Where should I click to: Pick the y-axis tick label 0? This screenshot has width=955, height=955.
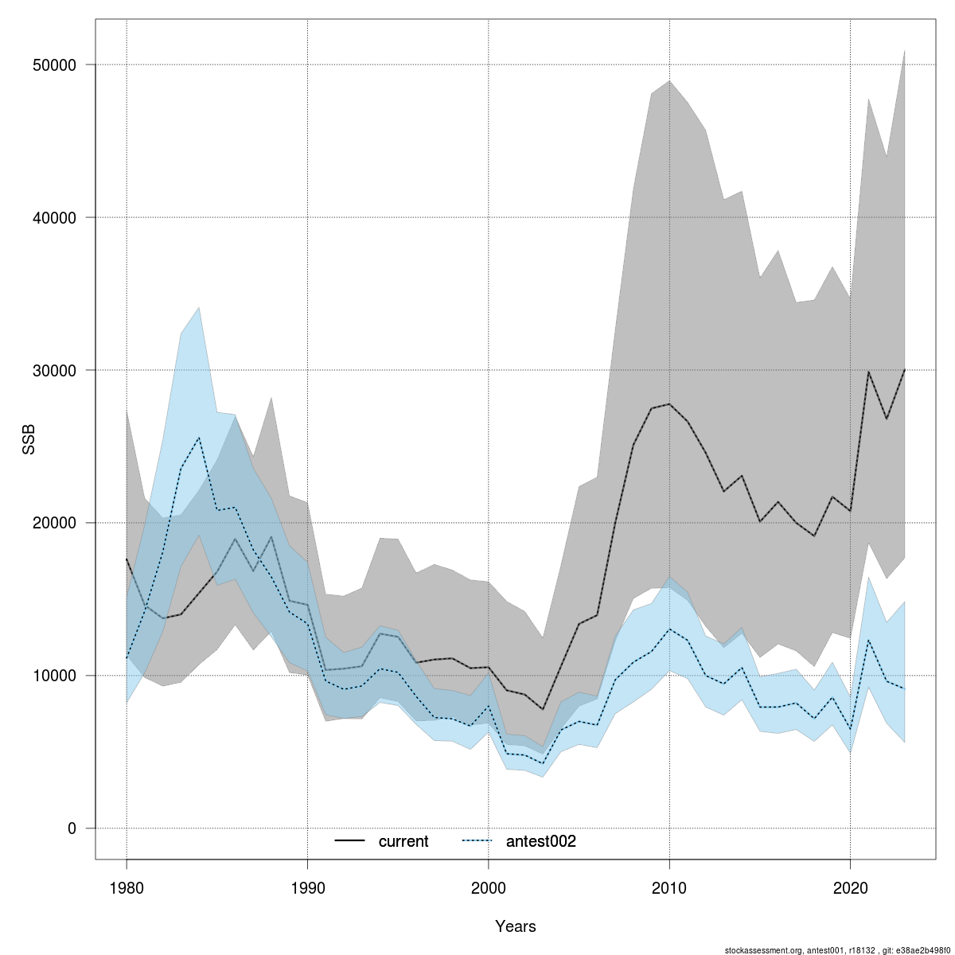click(72, 828)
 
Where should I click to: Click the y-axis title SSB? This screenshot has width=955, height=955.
click(29, 441)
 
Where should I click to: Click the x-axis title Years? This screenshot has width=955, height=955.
click(516, 926)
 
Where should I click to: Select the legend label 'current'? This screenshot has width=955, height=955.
click(403, 841)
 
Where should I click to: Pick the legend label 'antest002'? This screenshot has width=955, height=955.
click(540, 841)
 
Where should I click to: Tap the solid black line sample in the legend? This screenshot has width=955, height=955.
click(349, 841)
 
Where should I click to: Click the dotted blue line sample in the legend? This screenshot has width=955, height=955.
click(477, 841)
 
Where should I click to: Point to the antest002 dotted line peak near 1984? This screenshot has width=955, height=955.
click(199, 438)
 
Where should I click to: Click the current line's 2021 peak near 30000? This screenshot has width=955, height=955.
click(868, 372)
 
